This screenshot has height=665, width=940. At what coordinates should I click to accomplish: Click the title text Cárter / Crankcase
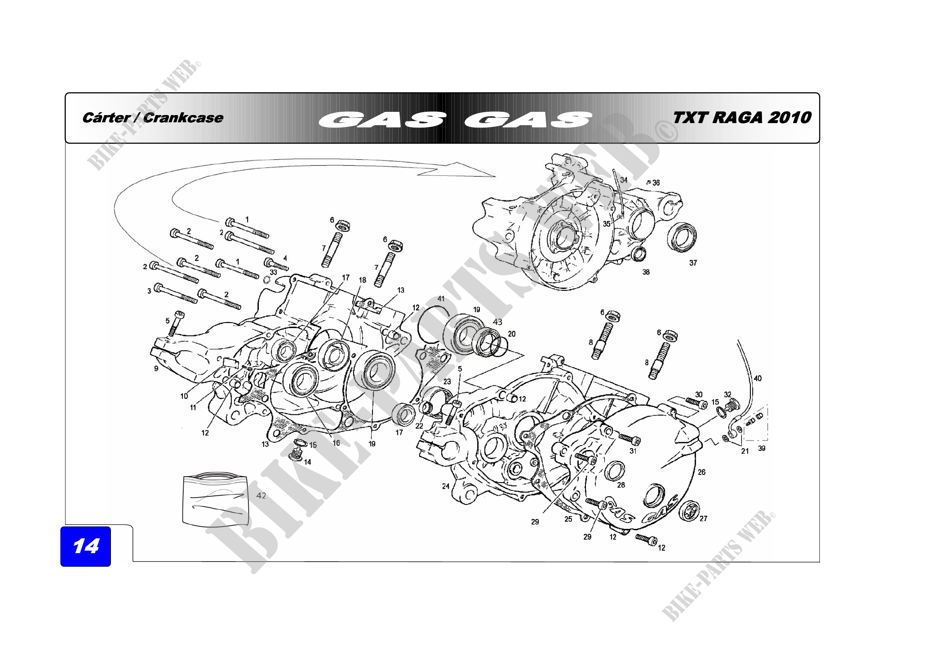point(153,118)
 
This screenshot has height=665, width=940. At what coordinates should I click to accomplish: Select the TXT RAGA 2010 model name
point(741,118)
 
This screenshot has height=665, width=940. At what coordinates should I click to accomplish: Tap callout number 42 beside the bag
point(261,496)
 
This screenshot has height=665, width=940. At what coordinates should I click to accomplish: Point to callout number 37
point(693,263)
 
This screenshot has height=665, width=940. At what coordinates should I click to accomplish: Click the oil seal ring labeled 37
point(682,237)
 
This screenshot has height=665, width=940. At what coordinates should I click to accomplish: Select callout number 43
point(498,322)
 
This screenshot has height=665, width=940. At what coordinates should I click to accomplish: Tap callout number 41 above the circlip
point(441,299)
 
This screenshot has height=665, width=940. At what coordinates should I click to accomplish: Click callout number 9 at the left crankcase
point(156,369)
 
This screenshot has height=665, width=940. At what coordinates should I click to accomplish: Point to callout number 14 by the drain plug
point(307,462)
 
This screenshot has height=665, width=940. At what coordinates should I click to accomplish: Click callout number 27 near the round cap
point(703,519)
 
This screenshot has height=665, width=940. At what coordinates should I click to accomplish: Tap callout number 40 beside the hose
point(758,379)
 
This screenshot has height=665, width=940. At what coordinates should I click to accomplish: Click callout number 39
point(762,448)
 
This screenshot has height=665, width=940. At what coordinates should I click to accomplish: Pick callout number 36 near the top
point(656,183)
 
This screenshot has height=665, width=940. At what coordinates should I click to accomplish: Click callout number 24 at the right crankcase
point(446,486)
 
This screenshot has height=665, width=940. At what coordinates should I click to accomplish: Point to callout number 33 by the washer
point(273,272)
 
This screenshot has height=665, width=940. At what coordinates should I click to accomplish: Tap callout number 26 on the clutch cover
point(702,472)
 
